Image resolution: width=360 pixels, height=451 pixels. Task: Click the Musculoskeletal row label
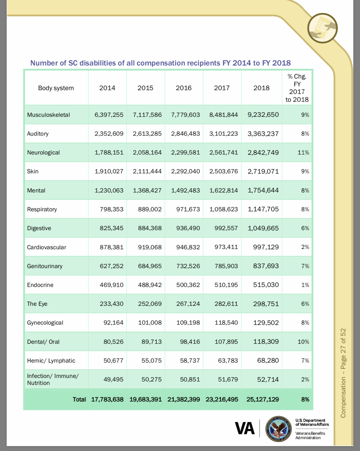tap(48, 115)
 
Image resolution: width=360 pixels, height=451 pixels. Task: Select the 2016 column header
tap(183, 88)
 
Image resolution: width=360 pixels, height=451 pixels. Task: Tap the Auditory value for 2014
tap(109, 134)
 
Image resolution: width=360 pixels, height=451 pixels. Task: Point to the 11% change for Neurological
tap(303, 152)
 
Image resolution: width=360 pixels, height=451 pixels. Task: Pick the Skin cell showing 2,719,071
tap(263, 171)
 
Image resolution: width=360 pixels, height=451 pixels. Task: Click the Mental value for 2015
tap(147, 190)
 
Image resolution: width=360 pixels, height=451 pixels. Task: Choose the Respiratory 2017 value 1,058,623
tap(223, 209)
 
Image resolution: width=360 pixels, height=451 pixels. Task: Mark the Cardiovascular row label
tap(46, 247)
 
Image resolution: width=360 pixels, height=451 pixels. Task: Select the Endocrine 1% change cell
tap(305, 285)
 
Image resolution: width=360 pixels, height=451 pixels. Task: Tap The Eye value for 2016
tap(188, 304)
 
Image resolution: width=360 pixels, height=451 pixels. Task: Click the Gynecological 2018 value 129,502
tap(266, 323)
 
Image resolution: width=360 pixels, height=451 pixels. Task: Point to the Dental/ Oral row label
tap(43, 342)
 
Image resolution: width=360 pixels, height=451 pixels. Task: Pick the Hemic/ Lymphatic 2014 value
tap(113, 361)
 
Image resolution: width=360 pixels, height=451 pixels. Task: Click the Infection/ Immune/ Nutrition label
tap(53, 379)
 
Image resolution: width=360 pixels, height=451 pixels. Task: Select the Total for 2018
tap(263, 399)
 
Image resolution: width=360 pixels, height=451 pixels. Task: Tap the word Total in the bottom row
tap(79, 399)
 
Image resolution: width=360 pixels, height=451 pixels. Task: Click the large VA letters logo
tap(245, 428)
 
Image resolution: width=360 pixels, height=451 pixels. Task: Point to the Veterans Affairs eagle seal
tap(278, 428)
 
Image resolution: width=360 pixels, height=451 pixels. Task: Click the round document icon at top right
tap(322, 28)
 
